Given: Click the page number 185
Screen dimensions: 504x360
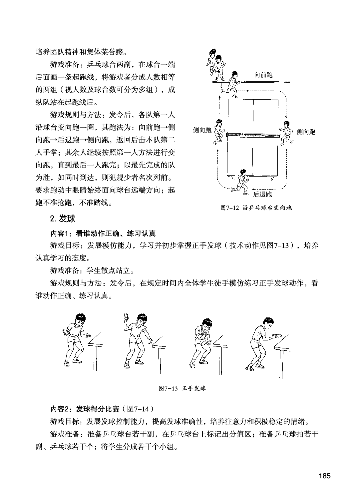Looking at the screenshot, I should (324, 476).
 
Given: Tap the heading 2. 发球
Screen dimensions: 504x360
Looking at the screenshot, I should (63, 219).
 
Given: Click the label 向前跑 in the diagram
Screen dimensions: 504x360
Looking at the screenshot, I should (263, 75).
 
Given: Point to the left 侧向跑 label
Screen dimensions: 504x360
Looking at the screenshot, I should (202, 130).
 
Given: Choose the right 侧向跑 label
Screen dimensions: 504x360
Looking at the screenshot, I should (306, 132).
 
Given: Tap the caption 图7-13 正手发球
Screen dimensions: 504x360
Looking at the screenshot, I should (182, 388).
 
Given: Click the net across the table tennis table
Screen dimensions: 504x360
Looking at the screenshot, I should (252, 135).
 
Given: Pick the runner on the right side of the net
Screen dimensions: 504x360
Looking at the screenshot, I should (286, 133).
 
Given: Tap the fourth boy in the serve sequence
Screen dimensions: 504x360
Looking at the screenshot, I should (260, 343).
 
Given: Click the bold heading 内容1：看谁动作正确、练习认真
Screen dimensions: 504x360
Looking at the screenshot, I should (103, 234).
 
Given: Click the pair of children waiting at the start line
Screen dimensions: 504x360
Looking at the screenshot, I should (216, 65).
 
